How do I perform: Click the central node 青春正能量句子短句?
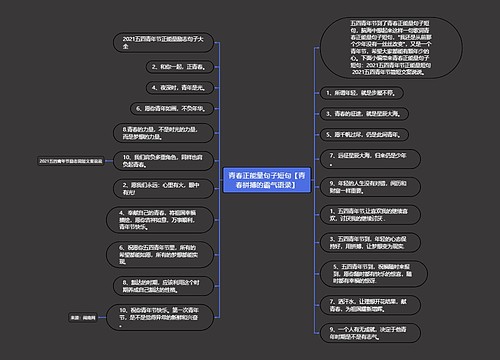268,180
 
